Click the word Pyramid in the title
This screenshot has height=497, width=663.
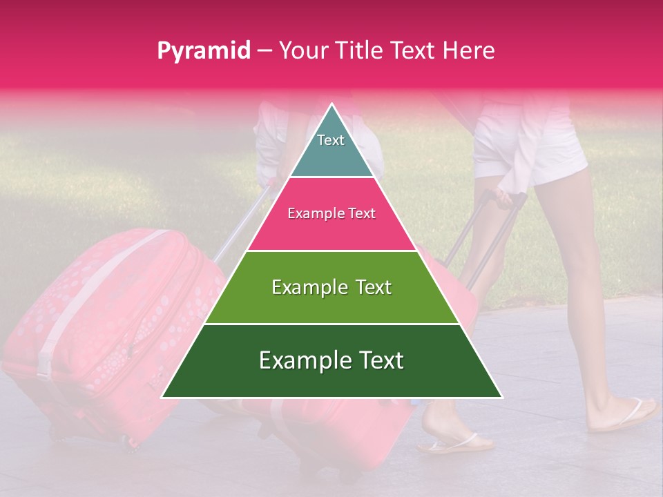[203, 51]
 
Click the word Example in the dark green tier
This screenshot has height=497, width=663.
[301, 360]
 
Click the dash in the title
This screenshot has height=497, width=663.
[265, 51]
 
